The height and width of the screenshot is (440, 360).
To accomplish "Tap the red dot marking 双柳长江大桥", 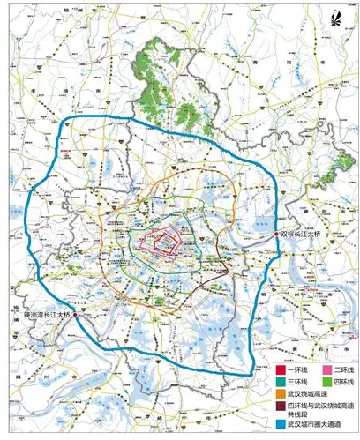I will point(277,233).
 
